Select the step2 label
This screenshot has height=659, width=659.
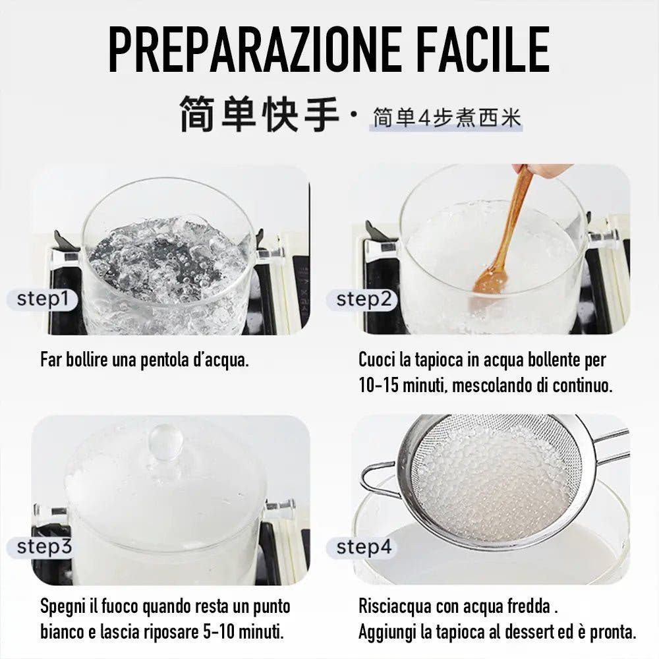tap(364, 299)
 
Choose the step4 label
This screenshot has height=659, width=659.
tap(364, 546)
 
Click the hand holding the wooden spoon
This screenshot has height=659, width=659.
tap(544, 170)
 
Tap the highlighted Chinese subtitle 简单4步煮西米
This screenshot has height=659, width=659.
tap(446, 118)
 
